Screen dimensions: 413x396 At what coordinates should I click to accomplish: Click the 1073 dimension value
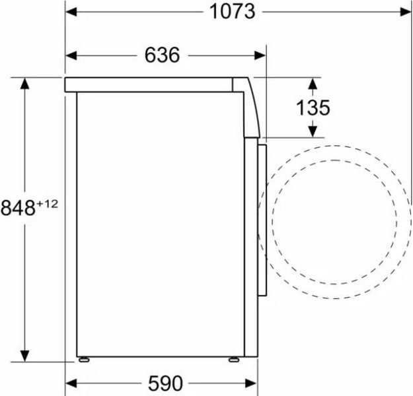click(232, 12)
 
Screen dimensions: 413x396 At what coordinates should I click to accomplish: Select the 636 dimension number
click(162, 55)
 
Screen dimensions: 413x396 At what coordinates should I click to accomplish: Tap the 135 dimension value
click(313, 108)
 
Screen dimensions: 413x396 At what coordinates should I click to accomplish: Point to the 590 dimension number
click(165, 383)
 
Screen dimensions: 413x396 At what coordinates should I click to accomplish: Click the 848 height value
click(18, 208)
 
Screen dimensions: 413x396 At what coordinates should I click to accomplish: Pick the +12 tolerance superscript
click(48, 204)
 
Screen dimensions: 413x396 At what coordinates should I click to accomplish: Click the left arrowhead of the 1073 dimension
click(71, 12)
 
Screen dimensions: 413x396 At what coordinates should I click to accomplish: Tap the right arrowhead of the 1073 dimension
click(405, 12)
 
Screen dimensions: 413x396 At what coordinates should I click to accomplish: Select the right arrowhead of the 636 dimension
click(260, 55)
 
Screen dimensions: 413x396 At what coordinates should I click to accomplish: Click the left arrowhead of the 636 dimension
click(71, 55)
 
